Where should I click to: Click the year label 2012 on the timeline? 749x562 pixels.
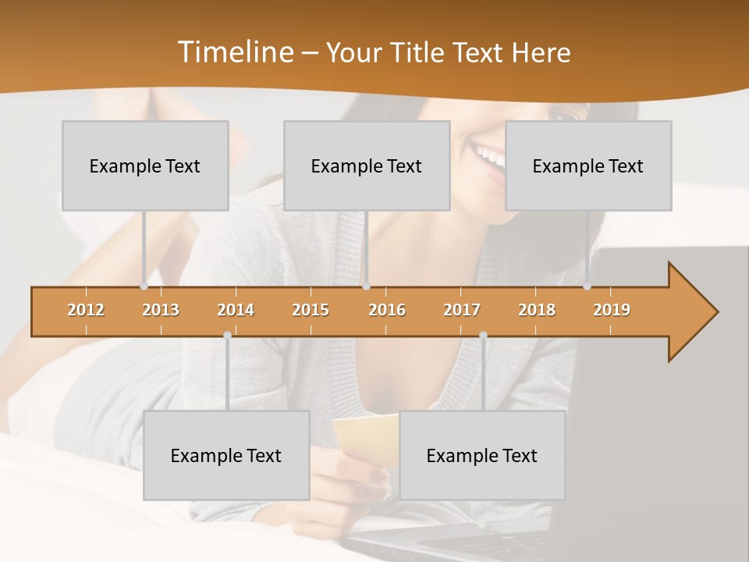tap(86, 310)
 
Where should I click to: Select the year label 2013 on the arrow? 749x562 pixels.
tap(161, 310)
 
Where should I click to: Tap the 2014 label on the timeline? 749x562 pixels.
tap(236, 310)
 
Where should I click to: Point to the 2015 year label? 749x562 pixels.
tap(311, 310)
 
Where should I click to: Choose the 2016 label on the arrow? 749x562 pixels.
tap(387, 310)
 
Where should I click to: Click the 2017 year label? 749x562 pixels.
tap(462, 310)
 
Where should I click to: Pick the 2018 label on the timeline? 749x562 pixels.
tap(537, 310)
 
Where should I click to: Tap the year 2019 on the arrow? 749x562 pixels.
tap(612, 310)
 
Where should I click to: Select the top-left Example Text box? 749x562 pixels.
tap(145, 165)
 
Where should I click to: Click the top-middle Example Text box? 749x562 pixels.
tap(367, 165)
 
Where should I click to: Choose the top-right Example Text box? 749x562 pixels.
tap(588, 165)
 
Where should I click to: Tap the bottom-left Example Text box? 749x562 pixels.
tap(226, 455)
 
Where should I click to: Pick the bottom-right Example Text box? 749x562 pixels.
tap(482, 455)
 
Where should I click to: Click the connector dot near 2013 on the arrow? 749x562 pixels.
tap(144, 286)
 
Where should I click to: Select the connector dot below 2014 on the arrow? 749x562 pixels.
tap(227, 335)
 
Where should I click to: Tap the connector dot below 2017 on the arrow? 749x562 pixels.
tap(483, 335)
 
